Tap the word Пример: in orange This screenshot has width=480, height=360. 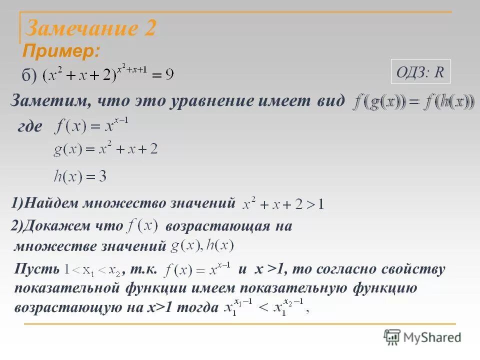click(x=61, y=51)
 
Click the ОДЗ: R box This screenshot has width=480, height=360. click(x=420, y=72)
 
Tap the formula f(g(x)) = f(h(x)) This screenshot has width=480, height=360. click(x=414, y=102)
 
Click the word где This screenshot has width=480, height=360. click(x=29, y=126)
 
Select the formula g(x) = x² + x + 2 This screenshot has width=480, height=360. click(x=105, y=149)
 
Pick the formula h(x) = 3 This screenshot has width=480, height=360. click(x=80, y=176)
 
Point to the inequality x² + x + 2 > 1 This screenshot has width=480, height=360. click(x=283, y=204)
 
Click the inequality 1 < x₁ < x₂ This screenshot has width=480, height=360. click(x=93, y=270)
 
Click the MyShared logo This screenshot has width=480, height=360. click(x=422, y=337)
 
